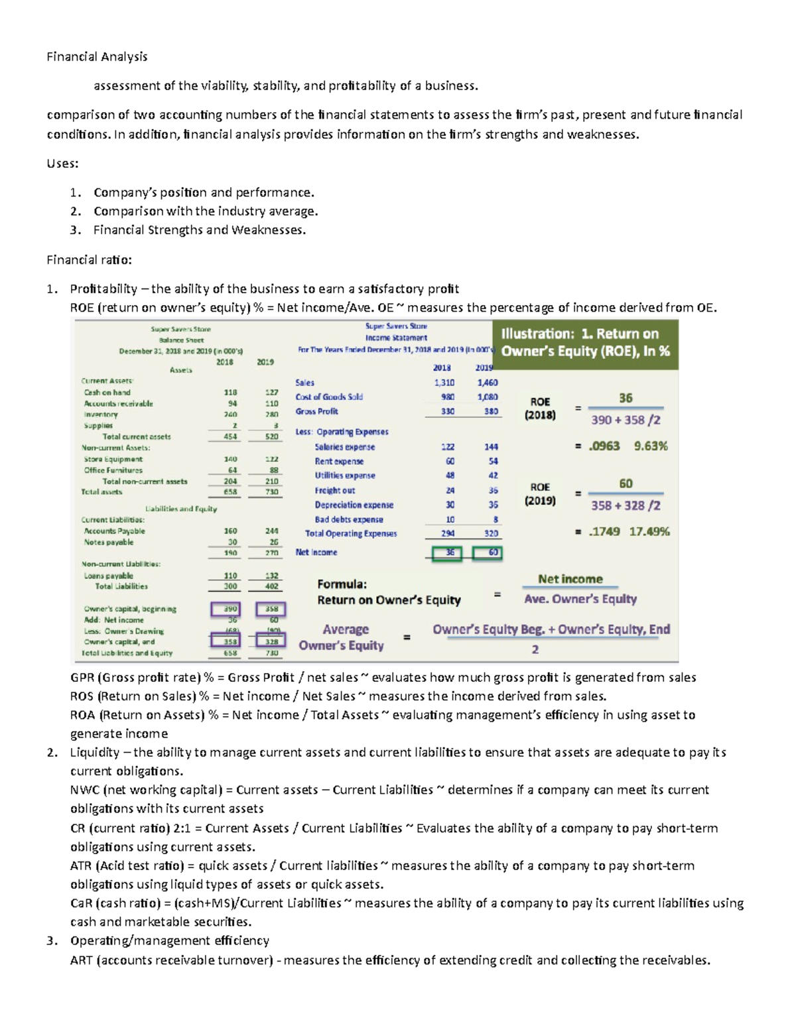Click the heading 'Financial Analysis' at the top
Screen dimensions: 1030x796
[x=97, y=57]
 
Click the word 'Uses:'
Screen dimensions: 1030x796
[x=62, y=164]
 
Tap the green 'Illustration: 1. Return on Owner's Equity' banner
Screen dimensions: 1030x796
[x=585, y=343]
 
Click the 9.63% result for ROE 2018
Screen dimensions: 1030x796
[x=651, y=446]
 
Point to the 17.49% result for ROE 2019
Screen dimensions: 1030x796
[x=649, y=532]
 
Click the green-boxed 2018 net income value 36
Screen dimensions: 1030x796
[x=450, y=553]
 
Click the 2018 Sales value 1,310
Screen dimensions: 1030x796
[x=444, y=383]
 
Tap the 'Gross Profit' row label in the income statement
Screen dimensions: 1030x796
[x=317, y=412]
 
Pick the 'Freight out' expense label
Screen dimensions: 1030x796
[x=335, y=491]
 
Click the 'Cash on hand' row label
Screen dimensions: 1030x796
[x=107, y=393]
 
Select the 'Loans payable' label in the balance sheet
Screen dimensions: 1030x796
[x=108, y=576]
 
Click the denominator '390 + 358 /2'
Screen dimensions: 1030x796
[x=626, y=420]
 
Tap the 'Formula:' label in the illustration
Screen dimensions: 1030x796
[x=342, y=584]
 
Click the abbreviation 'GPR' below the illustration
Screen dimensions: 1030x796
[x=82, y=678]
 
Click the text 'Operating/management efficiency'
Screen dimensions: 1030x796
[x=170, y=941]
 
